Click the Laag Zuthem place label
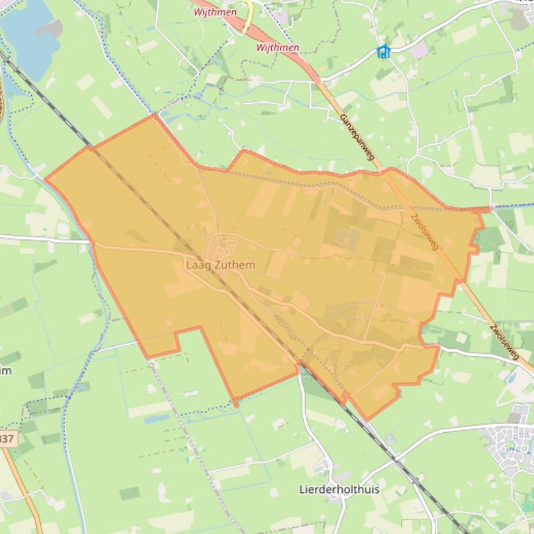click(221, 265)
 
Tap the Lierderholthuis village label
click(339, 490)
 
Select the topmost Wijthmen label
click(215, 12)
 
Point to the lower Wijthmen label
click(277, 48)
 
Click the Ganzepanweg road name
click(356, 138)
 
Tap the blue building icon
click(384, 51)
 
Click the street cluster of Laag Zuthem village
click(225, 246)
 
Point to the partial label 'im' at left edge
click(6, 370)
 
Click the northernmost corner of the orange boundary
click(154, 115)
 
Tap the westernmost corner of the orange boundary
click(46, 179)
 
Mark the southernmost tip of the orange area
click(368, 420)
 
